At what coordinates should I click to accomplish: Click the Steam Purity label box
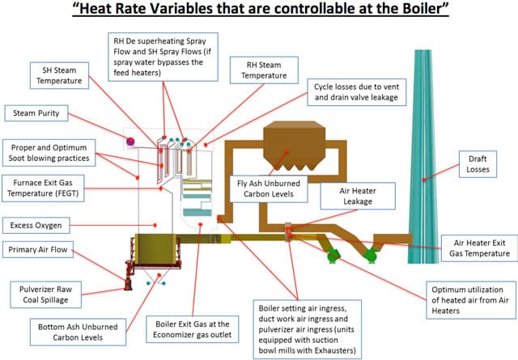(x=36, y=113)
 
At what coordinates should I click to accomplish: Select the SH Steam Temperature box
(x=59, y=75)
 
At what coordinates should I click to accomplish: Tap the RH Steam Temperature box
(x=264, y=70)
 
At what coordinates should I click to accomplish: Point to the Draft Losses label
(x=478, y=164)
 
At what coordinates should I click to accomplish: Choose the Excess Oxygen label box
(x=36, y=226)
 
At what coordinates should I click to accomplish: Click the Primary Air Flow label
(x=38, y=250)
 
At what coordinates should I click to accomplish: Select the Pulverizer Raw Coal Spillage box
(x=45, y=294)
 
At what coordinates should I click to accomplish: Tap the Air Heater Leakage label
(x=358, y=196)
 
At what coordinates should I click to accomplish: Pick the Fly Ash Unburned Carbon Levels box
(x=269, y=188)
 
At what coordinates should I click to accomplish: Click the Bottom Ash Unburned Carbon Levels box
(x=78, y=332)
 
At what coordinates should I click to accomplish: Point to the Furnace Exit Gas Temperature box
(x=43, y=188)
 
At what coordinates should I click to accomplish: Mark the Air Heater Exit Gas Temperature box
(x=479, y=248)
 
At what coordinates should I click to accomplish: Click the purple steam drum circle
(x=130, y=142)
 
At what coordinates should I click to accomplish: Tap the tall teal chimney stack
(x=422, y=157)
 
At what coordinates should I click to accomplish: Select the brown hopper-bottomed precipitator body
(x=295, y=146)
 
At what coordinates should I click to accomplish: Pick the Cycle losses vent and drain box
(x=356, y=92)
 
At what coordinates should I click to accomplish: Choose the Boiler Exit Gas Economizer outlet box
(x=193, y=329)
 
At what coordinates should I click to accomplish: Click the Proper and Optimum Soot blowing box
(x=49, y=153)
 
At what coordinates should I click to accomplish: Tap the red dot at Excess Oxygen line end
(x=155, y=225)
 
